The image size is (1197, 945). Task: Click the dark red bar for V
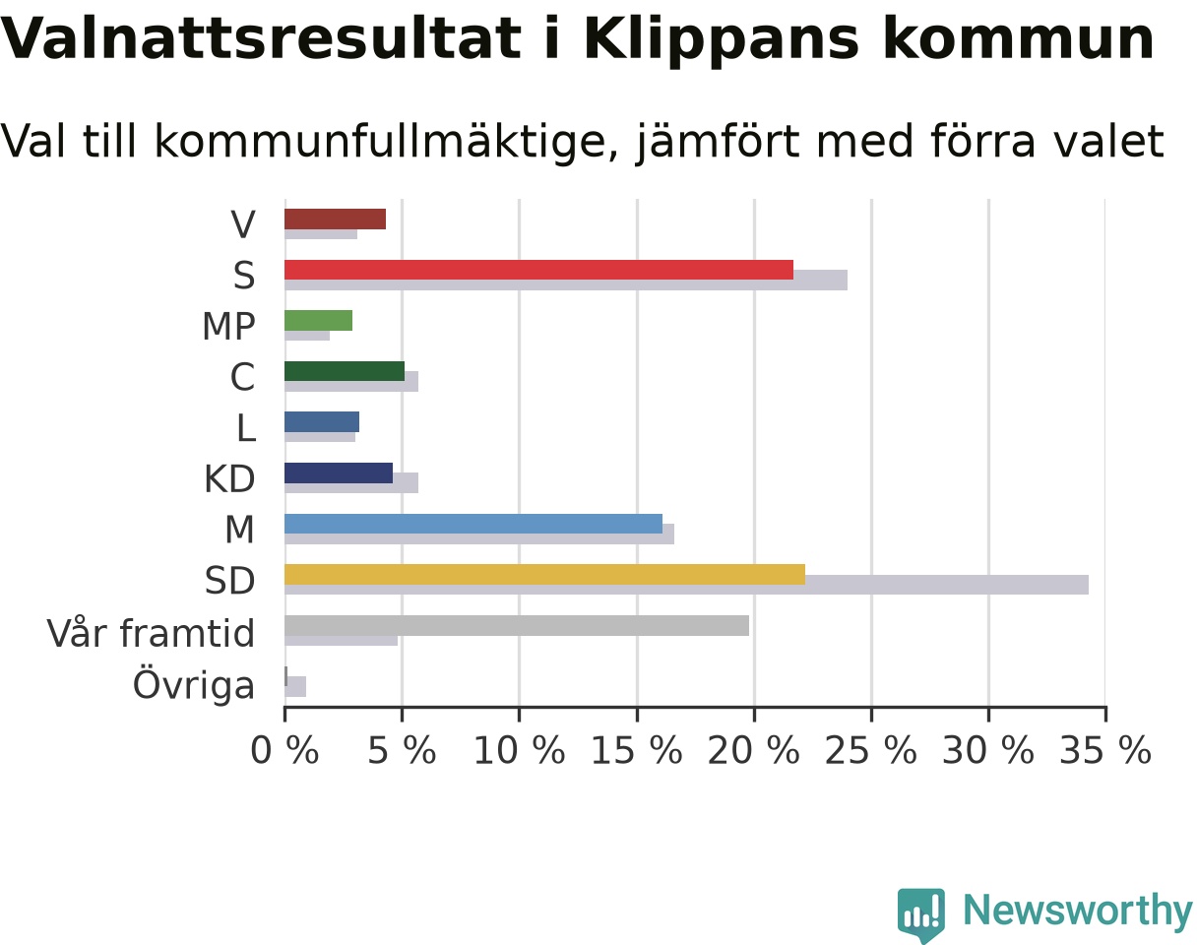[335, 220]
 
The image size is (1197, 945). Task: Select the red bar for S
[539, 270]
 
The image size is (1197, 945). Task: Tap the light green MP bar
[318, 320]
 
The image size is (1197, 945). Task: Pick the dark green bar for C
[345, 371]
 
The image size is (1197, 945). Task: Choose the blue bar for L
[322, 422]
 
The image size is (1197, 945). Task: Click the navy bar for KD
[339, 472]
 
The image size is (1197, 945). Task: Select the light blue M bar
[473, 524]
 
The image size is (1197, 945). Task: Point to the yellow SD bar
[544, 575]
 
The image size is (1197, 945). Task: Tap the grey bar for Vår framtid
[517, 626]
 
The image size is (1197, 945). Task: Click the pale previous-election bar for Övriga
[295, 686]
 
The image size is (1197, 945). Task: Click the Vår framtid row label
[151, 633]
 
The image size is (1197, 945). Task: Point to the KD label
[229, 478]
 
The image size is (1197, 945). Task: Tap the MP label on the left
[228, 327]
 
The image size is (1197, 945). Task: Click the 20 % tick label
[754, 751]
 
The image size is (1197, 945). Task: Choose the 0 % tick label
[284, 751]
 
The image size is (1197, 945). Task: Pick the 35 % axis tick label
[1105, 751]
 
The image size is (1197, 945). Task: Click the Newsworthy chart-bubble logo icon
[921, 913]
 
